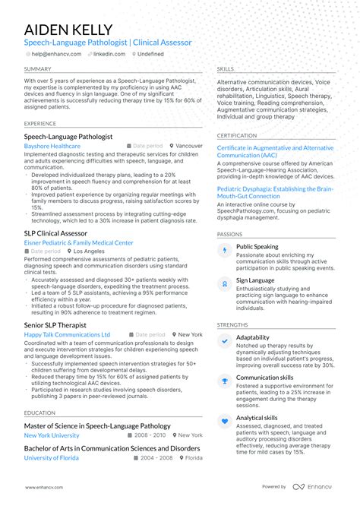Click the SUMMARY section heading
38,68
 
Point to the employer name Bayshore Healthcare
52,146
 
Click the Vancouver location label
189,146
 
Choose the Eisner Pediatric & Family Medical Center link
78,243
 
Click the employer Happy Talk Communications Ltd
67,334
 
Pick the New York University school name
52,435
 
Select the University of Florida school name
52,458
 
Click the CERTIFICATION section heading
237,135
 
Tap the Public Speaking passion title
257,247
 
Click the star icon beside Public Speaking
225,249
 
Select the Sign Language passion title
254,280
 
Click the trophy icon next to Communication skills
225,381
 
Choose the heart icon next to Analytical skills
225,420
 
